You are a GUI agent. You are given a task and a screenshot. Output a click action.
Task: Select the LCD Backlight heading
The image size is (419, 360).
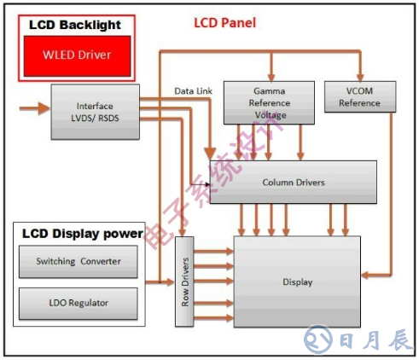click(x=75, y=25)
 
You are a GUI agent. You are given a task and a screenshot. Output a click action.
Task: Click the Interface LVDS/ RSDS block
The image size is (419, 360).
click(x=94, y=112)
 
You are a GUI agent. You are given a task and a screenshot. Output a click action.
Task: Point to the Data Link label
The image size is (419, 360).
click(x=192, y=89)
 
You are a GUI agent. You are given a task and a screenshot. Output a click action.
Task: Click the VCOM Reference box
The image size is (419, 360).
click(x=359, y=96)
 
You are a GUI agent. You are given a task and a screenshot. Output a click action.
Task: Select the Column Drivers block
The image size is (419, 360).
click(x=293, y=182)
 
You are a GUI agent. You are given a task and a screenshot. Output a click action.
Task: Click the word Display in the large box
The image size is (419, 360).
click(x=297, y=282)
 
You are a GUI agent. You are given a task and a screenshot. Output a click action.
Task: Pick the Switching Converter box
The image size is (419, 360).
click(x=79, y=261)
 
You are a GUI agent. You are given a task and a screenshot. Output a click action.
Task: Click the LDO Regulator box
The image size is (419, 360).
click(x=79, y=303)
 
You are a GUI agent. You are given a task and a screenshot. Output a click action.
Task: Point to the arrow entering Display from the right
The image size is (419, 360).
click(x=372, y=275)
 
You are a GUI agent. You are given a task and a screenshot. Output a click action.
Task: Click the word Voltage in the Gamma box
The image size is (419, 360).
click(x=270, y=115)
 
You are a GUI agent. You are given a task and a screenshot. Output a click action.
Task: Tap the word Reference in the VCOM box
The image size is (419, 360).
click(x=359, y=103)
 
